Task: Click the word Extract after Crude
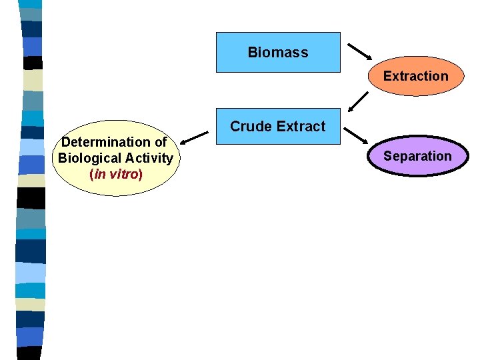click(301, 126)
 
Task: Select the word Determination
click(105, 142)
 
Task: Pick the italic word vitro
click(124, 174)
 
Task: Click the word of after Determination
click(160, 142)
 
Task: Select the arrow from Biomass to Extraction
click(360, 51)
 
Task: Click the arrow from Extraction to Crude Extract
click(358, 101)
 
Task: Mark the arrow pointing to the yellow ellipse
click(194, 137)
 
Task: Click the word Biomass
click(277, 52)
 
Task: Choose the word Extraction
click(415, 76)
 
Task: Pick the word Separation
click(417, 156)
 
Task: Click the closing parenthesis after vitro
click(140, 174)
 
